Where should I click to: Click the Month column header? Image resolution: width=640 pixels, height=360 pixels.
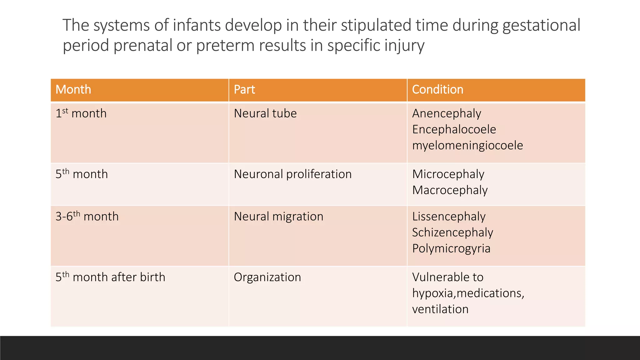tap(73, 90)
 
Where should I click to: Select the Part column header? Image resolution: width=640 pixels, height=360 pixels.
tap(244, 90)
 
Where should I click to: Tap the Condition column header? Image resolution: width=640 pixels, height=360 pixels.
tap(437, 90)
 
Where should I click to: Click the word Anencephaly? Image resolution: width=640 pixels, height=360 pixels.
tap(447, 113)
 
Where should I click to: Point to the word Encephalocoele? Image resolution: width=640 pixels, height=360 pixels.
tap(454, 129)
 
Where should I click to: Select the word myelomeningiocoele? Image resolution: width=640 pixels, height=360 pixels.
tap(467, 146)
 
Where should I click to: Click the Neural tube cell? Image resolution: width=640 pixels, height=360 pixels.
tap(265, 113)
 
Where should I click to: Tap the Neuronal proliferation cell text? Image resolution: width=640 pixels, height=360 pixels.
tap(293, 174)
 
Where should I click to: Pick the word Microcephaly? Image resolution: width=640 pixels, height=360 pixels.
tap(448, 174)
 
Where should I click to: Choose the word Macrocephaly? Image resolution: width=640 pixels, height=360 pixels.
tap(450, 190)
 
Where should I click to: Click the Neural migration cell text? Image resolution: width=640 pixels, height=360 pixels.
tap(278, 217)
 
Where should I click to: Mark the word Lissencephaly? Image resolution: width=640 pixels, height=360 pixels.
tap(449, 217)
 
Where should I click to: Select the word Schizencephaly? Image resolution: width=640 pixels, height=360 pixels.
tap(452, 232)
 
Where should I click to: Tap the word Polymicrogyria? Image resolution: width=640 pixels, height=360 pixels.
tap(451, 248)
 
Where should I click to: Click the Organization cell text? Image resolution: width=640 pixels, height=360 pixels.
tap(267, 277)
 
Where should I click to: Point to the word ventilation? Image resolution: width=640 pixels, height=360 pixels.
tap(440, 309)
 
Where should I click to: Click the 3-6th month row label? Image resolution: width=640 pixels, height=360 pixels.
tap(87, 216)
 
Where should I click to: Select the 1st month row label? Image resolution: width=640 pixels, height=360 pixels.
tap(81, 113)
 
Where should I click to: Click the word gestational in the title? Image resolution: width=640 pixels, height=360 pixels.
tap(541, 26)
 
